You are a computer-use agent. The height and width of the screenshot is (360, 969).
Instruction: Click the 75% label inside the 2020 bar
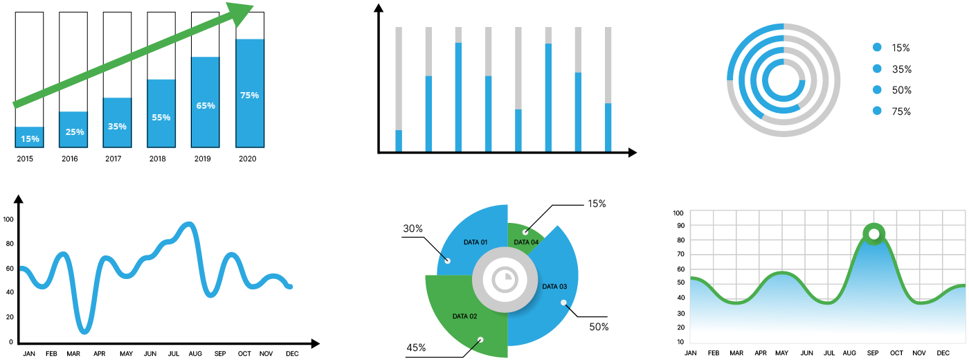249,96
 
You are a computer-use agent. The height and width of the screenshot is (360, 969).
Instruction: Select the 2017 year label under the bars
113,159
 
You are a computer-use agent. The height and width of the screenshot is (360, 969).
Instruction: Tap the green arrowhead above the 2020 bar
242,14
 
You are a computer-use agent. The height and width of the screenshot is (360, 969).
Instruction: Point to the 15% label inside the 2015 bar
30,138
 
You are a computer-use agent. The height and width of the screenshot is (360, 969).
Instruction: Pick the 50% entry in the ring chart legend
901,91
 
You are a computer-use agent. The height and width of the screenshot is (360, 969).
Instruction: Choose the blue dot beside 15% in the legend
878,48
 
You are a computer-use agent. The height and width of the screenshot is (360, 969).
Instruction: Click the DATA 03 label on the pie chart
554,287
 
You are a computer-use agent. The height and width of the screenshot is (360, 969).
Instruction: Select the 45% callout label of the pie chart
416,348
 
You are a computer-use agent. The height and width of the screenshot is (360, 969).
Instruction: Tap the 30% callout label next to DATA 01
413,229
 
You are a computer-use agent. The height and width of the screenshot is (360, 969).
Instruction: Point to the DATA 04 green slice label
526,242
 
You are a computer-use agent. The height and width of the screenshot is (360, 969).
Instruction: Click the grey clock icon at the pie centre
505,280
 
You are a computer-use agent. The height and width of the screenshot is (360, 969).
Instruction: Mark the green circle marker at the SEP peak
874,234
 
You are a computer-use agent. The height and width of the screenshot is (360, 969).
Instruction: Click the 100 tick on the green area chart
678,213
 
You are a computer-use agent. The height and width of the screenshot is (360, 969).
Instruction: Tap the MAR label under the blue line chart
73,354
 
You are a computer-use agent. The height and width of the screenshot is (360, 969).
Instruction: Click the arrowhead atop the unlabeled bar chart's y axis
378,8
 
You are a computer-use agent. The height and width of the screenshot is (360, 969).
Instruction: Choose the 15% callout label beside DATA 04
597,204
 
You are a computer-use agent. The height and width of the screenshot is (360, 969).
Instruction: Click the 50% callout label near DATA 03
599,327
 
